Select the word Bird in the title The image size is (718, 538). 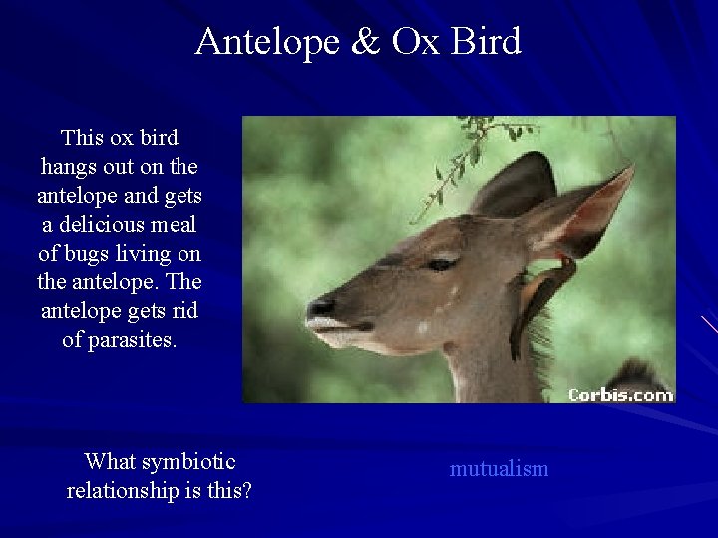pyautogui.click(x=486, y=42)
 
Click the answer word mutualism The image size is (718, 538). pyautogui.click(x=499, y=468)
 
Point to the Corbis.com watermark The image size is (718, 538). pyautogui.click(x=619, y=395)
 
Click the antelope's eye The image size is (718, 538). pyautogui.click(x=441, y=264)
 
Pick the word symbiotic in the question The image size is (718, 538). pyautogui.click(x=187, y=462)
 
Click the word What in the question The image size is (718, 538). pyautogui.click(x=110, y=462)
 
